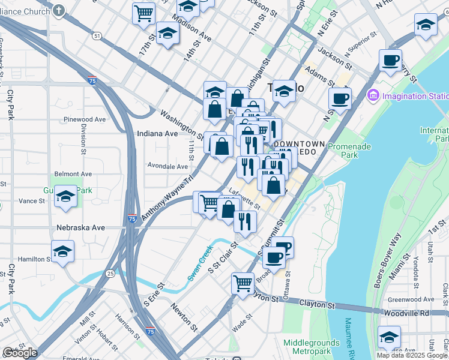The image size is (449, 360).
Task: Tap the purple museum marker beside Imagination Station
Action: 373,95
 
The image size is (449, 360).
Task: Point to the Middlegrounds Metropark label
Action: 313,346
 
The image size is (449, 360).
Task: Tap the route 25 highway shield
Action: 110,274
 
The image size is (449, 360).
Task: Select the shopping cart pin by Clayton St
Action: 243,281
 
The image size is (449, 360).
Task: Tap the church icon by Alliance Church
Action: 58,10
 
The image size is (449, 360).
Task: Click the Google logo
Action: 20,353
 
